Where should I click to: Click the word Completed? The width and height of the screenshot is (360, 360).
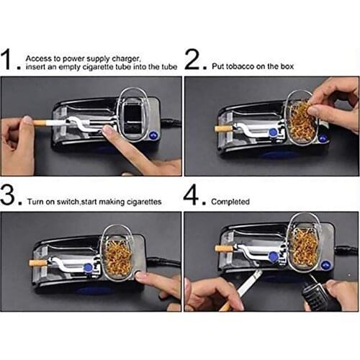coord(230,202)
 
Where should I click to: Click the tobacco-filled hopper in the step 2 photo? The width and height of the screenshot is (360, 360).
coord(303,120)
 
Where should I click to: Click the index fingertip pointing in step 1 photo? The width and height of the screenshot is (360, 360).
coord(108,132)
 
